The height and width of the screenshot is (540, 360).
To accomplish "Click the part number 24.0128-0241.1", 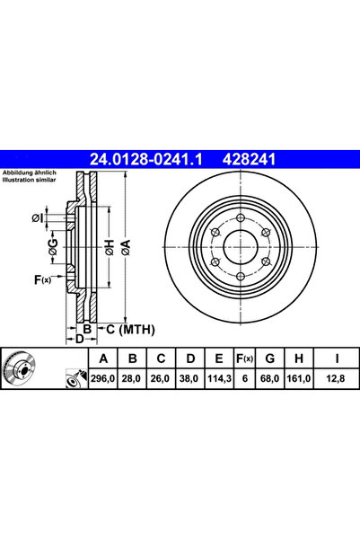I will click(x=147, y=161).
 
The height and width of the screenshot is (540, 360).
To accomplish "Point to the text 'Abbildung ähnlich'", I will click(x=30, y=173).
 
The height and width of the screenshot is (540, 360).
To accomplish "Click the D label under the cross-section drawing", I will click(x=79, y=339).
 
